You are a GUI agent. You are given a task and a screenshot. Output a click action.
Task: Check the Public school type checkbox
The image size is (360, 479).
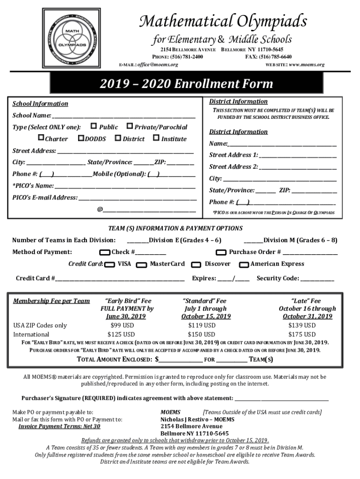pos(94,126)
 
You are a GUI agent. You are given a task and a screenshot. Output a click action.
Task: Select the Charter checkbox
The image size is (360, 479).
pos(41,138)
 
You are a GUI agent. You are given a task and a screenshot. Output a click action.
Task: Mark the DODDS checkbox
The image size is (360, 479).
pos(81,138)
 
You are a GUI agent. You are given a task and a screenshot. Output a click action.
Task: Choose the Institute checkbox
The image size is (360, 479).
pos(156,138)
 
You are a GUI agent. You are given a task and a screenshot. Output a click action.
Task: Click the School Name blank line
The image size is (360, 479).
pos(123,115)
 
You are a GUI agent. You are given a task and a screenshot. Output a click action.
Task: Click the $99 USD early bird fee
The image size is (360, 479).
pos(122,325)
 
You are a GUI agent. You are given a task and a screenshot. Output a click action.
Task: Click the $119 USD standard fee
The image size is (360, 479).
pos(202,325)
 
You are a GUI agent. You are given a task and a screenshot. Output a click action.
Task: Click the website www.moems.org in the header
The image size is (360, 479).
pos(307,64)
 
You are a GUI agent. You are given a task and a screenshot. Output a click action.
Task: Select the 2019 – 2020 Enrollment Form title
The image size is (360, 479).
pos(186,84)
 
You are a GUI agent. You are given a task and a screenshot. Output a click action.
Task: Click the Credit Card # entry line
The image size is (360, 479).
pos(120,279)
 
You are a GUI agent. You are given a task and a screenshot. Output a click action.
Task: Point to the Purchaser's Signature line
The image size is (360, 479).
pos(281,399)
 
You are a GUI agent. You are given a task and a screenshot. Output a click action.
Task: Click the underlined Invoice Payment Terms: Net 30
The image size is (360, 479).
pos(59,426)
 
